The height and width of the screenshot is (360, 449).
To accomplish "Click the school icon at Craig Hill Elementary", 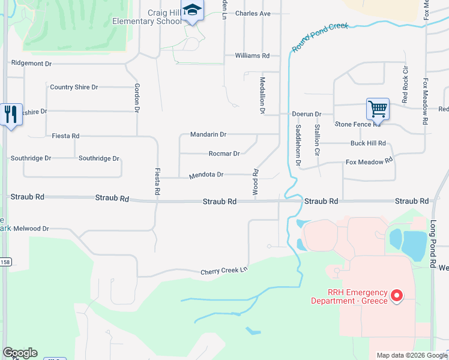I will coord(192,11).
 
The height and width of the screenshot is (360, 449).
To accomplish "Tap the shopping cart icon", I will coord(378,109).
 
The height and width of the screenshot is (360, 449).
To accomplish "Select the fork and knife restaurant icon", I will coord(10,114).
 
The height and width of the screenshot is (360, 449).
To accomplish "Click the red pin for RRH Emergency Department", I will coord(396,295).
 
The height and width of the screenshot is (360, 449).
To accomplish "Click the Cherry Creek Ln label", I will coord(224,271).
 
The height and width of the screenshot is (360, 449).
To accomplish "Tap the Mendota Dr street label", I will coord(206,175).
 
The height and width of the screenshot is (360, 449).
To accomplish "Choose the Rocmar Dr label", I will coord(224,154).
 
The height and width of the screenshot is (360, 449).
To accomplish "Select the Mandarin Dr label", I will coord(208,134).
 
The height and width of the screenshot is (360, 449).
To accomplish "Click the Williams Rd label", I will coord(252,56).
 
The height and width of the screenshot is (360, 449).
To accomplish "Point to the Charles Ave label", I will coord(253,13).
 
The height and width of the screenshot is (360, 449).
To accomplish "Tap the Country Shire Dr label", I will coord(74,88).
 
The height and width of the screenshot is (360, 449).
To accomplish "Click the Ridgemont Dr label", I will coord(31,62).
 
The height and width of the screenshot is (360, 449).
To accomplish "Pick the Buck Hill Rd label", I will coord(368,144).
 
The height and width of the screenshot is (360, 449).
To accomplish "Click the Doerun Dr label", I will coord(307,114).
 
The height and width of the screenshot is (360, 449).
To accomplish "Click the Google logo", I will coord(20,353).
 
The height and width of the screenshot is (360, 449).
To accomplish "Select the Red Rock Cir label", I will coord(405,85).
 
